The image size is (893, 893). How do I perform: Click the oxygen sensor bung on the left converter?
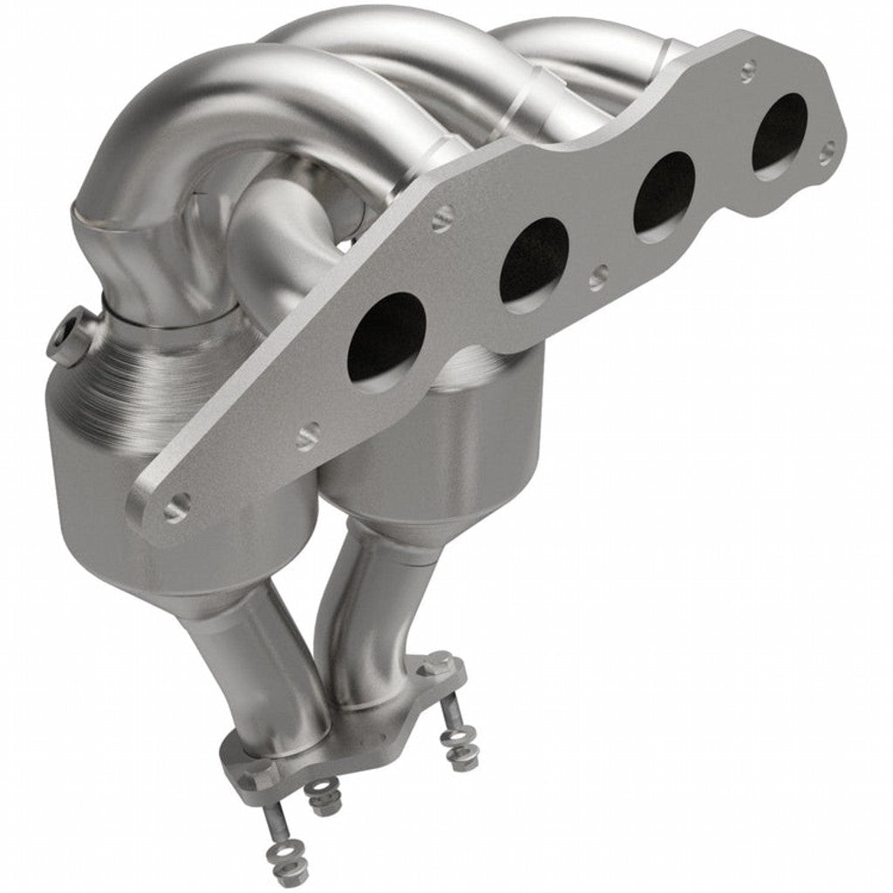[x=68, y=337]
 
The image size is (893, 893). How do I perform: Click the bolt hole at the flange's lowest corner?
[x=177, y=504]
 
